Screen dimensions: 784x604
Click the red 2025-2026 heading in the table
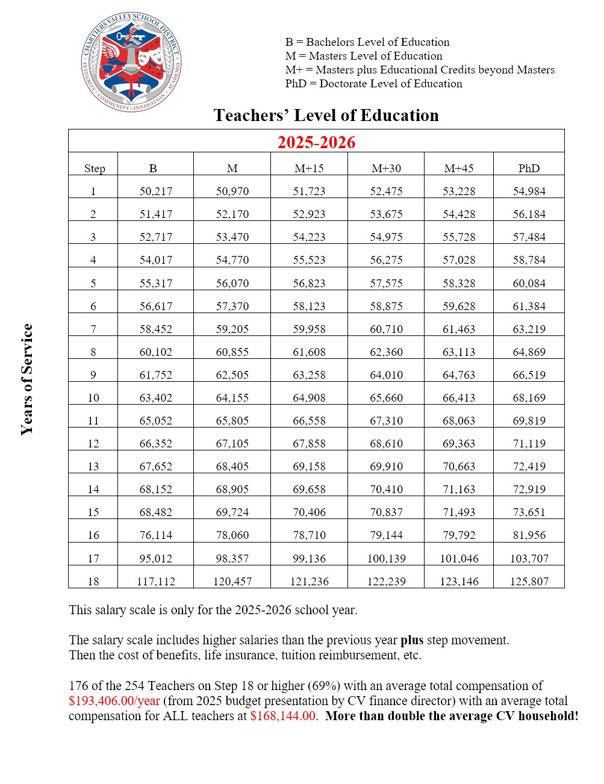tap(316, 142)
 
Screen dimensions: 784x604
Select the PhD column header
tap(529, 169)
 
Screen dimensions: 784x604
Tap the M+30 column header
tap(386, 169)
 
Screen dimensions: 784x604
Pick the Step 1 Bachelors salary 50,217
tap(156, 191)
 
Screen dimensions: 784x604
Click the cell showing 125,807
tap(529, 582)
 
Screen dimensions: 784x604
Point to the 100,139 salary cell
tap(386, 559)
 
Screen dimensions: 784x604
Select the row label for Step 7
tap(93, 329)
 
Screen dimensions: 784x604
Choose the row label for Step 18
tap(93, 582)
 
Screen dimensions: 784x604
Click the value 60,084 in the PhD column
tap(529, 284)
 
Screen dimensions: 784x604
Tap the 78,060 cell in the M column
tap(232, 535)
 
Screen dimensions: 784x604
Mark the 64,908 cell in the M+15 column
tap(309, 398)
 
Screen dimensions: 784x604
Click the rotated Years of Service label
tap(27, 379)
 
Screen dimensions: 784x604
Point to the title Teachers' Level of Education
tap(326, 116)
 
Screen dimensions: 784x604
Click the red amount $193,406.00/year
tap(114, 701)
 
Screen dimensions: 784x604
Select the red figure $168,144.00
tap(283, 716)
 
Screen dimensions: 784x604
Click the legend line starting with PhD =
tap(373, 84)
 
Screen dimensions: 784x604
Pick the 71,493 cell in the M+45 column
tap(459, 512)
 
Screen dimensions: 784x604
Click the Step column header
tap(95, 169)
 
